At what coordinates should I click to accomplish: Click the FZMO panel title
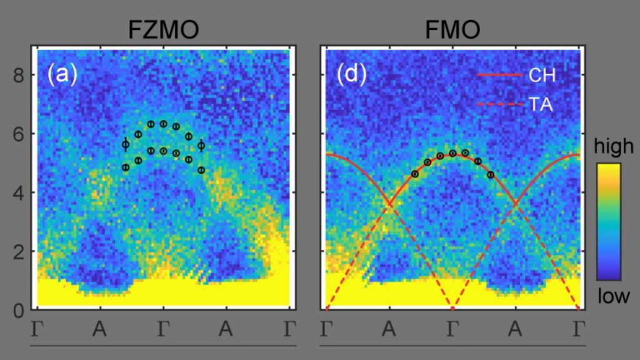click(x=163, y=30)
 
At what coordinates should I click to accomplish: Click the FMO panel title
click(x=452, y=30)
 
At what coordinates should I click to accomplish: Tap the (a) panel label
click(x=62, y=74)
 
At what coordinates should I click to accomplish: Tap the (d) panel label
click(x=351, y=74)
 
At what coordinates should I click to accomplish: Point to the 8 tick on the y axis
click(x=18, y=76)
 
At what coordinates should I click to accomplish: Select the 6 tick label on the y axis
click(x=18, y=134)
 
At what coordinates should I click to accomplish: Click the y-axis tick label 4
click(x=18, y=193)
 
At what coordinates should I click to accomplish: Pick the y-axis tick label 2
click(x=18, y=252)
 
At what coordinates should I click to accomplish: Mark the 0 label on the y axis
click(x=18, y=311)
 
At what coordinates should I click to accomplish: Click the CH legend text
click(x=542, y=75)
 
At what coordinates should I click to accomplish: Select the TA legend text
click(x=541, y=104)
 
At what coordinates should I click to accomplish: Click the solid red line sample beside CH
click(x=500, y=75)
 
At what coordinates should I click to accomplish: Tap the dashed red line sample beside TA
click(x=500, y=104)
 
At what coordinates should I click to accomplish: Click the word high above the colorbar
click(x=614, y=146)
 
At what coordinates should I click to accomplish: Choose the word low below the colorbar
click(x=614, y=296)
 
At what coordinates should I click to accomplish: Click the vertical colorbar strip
click(x=609, y=222)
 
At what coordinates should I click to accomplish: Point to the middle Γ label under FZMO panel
click(x=163, y=329)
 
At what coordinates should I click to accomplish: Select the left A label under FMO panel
click(x=389, y=329)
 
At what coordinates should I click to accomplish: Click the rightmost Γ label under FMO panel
click(x=578, y=329)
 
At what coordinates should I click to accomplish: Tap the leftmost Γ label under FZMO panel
click(x=37, y=329)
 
